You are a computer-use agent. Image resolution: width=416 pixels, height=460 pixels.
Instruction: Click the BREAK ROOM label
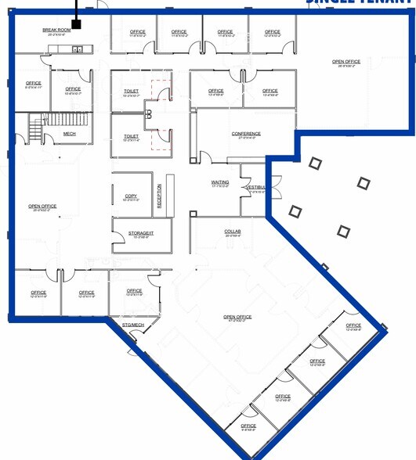56,30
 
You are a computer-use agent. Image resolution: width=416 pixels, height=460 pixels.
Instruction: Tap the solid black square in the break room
77,25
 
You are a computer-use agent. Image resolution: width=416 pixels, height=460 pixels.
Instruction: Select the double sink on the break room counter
78,49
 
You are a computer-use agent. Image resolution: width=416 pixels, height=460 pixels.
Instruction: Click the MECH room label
70,133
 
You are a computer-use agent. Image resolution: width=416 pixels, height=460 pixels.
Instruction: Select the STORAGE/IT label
142,232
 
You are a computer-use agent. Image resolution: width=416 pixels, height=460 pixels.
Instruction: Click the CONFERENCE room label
246,133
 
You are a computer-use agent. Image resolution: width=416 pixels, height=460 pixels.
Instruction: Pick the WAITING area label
220,182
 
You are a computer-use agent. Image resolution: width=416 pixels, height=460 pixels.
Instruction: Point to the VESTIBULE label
256,188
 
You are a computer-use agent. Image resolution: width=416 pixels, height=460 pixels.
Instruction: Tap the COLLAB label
233,232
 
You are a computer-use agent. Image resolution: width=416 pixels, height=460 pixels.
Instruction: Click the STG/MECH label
132,324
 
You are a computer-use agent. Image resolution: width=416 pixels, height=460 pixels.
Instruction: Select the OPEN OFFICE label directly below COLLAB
237,317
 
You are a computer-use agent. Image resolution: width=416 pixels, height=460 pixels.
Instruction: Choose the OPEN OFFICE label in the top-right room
346,61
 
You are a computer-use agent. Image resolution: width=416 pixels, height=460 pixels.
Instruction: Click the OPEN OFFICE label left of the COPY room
42,207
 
